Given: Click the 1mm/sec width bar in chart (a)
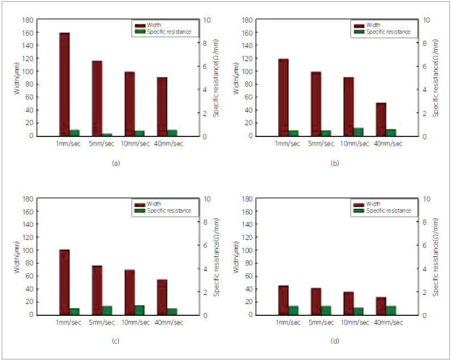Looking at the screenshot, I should pyautogui.click(x=64, y=84).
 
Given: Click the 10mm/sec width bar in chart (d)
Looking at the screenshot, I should pyautogui.click(x=348, y=303).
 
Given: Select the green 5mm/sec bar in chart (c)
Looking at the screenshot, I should pyautogui.click(x=107, y=310).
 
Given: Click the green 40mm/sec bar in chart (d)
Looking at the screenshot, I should pyautogui.click(x=391, y=310).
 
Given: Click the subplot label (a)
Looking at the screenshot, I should pyautogui.click(x=116, y=163).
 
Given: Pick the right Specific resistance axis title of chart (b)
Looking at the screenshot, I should pyautogui.click(x=436, y=78).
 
